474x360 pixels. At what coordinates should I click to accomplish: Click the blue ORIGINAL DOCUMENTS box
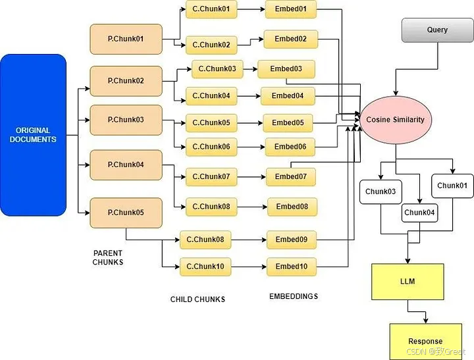33,135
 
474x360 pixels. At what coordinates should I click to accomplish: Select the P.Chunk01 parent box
126,39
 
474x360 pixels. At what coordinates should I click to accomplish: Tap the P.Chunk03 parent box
126,120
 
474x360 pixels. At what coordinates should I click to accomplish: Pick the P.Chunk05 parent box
126,213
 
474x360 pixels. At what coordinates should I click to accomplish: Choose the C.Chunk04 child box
211,96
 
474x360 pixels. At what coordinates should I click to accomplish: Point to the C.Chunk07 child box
211,176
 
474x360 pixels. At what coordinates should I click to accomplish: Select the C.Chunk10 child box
205,267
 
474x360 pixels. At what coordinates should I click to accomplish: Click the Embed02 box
290,39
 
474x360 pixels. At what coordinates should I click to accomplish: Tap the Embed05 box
288,122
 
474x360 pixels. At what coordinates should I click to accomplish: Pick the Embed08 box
292,207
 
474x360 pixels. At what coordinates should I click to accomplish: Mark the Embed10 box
291,267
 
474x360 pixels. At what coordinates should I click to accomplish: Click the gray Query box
437,30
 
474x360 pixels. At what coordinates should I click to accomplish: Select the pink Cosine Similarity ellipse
396,120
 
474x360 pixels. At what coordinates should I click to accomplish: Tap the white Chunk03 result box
381,192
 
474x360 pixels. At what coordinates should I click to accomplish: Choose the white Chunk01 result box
452,186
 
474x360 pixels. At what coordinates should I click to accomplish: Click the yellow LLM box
408,282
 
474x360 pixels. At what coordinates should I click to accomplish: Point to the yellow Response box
425,341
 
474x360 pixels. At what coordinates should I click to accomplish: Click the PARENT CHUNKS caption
107,257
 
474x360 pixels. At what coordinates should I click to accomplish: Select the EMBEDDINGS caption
294,296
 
